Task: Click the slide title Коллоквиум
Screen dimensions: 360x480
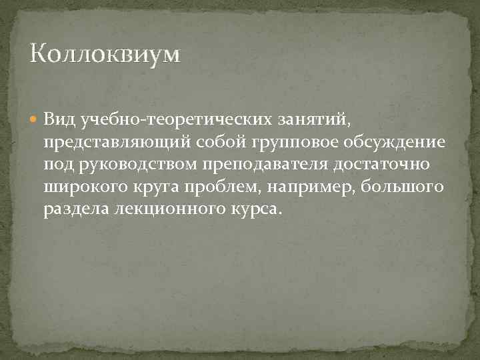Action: (105, 54)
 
